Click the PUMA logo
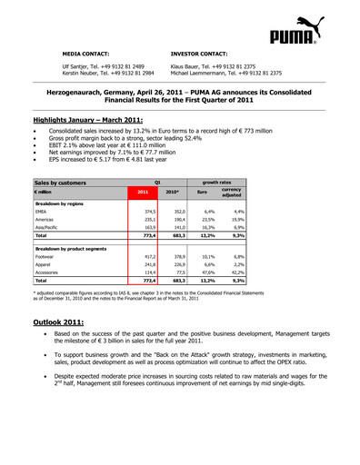[294, 35]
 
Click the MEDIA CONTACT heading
[87, 53]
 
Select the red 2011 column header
[143, 192]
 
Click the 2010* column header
[172, 192]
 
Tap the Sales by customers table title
[60, 183]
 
